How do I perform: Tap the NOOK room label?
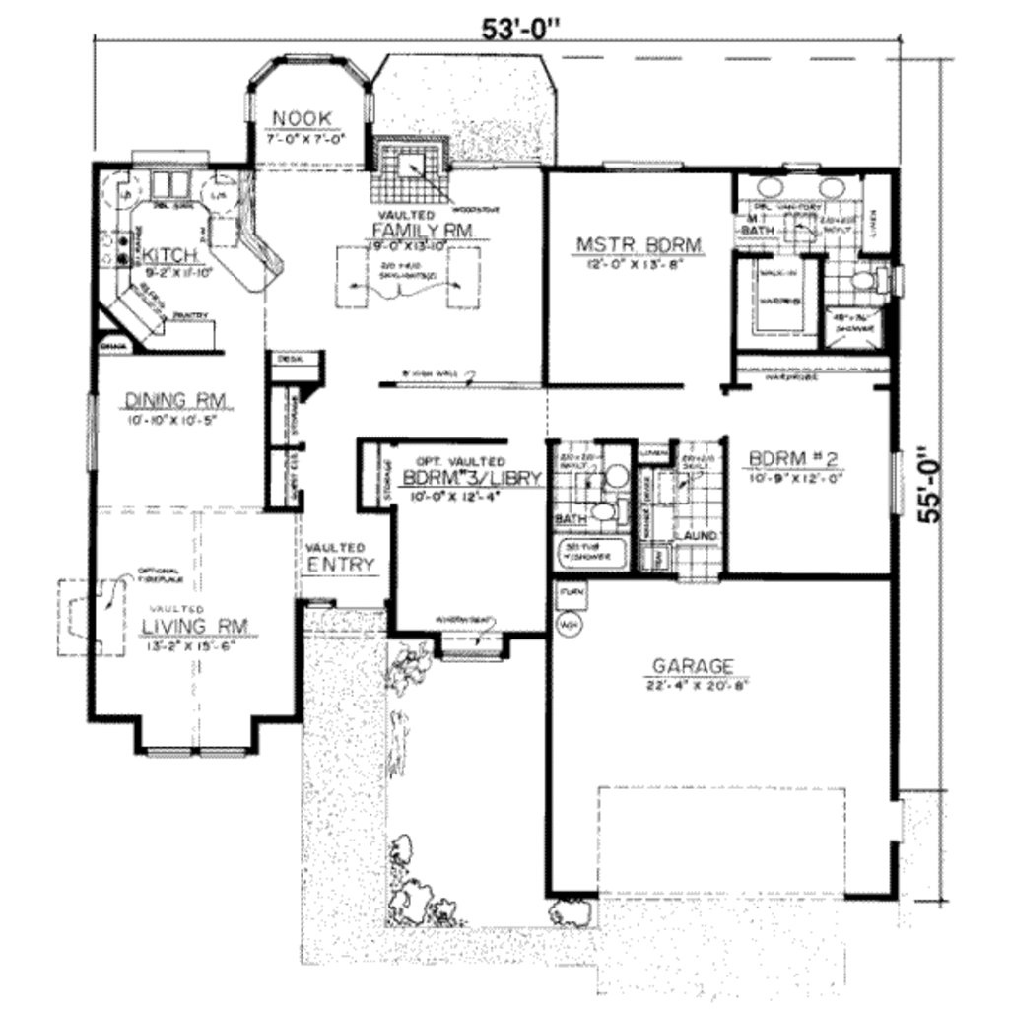coord(302,119)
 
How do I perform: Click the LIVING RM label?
coord(194,626)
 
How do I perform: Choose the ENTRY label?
coord(340,565)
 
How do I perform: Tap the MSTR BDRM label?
coord(639,244)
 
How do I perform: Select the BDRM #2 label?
coord(793,459)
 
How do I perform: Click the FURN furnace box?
coord(570,594)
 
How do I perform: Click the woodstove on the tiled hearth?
coord(412,161)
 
